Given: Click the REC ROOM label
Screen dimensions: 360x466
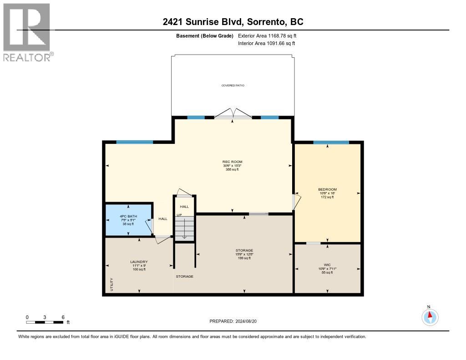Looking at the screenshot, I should tap(232, 162).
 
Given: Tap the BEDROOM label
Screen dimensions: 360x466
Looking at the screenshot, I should tap(327, 189).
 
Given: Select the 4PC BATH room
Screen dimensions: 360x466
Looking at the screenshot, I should tap(128, 220).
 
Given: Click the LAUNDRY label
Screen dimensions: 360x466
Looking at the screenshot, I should tap(139, 262).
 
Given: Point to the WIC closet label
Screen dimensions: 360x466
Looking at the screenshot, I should tap(327, 264).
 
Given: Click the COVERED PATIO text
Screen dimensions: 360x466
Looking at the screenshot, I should tap(233, 86).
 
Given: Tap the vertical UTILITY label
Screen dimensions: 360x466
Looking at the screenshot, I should tap(111, 285).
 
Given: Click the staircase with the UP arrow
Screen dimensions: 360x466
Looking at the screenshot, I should tap(184, 228).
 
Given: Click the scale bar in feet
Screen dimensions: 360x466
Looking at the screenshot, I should tap(45, 322).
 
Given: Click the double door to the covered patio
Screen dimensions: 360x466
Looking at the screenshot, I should tap(233, 115).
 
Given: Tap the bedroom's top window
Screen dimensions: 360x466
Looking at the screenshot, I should tap(337, 142).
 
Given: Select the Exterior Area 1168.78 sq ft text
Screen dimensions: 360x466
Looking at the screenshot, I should tap(267, 35).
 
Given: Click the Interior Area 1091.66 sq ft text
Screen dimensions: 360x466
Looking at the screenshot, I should tap(266, 43).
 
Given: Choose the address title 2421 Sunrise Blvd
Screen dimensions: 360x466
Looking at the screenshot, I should tap(233, 22).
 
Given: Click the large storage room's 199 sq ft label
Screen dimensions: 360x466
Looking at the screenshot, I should tap(244, 258).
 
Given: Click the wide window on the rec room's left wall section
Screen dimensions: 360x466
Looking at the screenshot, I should tap(134, 142).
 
